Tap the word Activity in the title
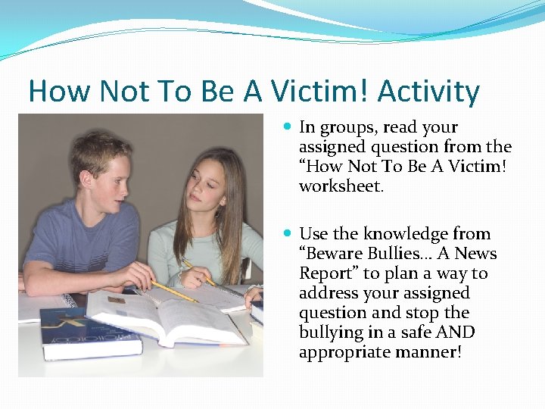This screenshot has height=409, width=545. [428, 92]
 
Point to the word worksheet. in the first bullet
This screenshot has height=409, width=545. [341, 186]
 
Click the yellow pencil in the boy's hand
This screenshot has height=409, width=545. [173, 292]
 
